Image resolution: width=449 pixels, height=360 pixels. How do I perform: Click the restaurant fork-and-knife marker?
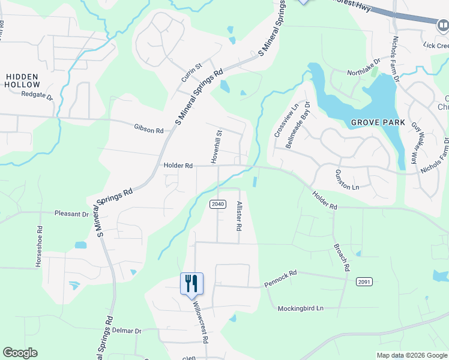[x=192, y=284]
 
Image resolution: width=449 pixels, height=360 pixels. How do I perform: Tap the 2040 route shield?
[x=217, y=205]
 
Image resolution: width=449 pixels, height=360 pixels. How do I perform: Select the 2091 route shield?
[x=364, y=281]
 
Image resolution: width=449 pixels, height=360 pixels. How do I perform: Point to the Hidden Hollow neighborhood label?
[x=22, y=80]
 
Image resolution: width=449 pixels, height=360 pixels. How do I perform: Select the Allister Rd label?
[x=238, y=217]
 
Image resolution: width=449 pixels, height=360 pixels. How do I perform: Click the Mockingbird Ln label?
[x=300, y=308]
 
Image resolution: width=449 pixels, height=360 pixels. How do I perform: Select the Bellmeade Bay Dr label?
[x=298, y=124]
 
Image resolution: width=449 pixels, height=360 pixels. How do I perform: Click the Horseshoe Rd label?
[x=39, y=246]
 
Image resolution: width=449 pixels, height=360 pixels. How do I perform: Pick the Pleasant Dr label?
[x=71, y=214]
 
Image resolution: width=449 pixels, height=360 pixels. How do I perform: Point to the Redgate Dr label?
[x=37, y=95]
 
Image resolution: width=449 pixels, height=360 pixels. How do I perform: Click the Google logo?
[x=20, y=353]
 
